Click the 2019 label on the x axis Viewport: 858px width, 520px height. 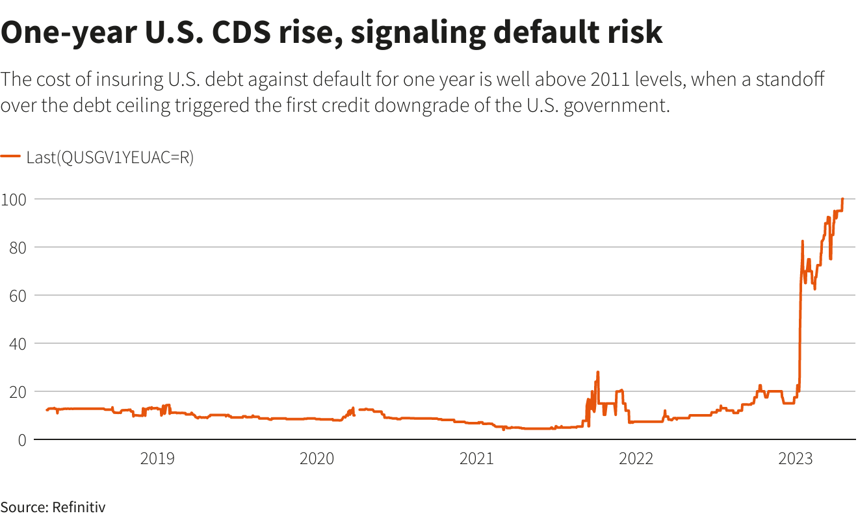click(x=157, y=459)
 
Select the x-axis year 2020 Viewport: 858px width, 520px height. click(x=317, y=459)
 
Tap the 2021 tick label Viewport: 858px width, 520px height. click(x=476, y=459)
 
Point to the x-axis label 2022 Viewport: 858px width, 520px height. click(x=636, y=459)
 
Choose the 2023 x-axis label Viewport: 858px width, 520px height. click(x=795, y=459)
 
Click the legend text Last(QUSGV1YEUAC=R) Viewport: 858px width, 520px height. click(x=110, y=157)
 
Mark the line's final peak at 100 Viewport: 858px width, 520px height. click(x=842, y=199)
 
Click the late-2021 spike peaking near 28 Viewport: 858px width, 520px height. click(x=597, y=372)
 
